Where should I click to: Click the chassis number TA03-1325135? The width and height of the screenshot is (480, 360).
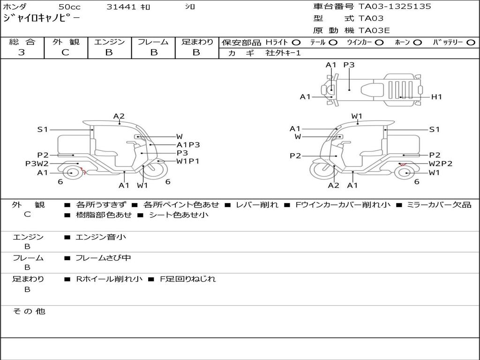395,7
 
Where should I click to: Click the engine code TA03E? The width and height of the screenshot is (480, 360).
374,30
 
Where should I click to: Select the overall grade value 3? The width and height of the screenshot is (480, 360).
22,52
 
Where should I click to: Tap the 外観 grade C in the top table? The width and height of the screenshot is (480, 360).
66,52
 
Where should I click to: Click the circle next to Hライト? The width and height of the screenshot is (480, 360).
296,43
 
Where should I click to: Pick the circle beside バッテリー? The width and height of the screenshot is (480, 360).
471,43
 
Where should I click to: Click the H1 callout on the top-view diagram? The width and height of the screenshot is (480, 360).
436,97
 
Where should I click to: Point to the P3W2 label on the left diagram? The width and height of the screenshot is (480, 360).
37,164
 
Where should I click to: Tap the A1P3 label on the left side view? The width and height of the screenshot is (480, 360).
188,145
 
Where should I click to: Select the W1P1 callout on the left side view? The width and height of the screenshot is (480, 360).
187,161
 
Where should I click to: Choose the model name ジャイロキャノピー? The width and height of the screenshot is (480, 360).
41,18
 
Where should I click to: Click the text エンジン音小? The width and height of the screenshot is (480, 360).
101,237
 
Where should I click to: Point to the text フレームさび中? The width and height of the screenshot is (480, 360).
103,258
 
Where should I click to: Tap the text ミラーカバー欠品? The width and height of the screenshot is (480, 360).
439,205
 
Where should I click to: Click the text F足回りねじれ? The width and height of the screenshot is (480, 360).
188,279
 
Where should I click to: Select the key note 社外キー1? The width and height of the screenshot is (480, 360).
283,53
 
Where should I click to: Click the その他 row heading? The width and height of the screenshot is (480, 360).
29,311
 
